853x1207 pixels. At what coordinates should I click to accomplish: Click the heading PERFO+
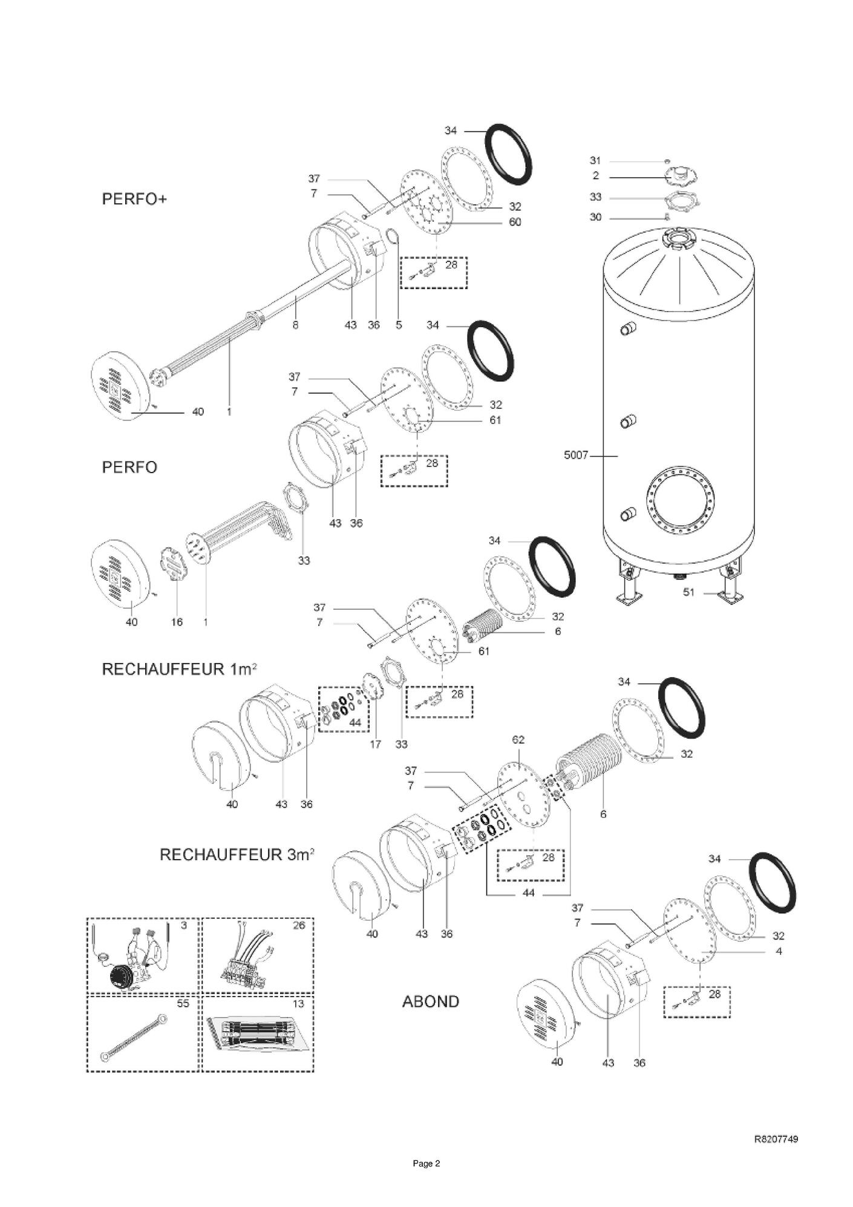pyautogui.click(x=134, y=200)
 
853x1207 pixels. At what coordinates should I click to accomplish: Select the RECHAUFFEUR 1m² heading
pyautogui.click(x=180, y=669)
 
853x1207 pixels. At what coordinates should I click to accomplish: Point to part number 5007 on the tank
pyautogui.click(x=575, y=455)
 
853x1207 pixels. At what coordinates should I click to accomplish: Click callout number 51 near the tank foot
pyautogui.click(x=688, y=592)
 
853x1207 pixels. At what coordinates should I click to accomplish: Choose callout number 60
pyautogui.click(x=514, y=222)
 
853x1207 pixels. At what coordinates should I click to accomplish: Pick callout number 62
pyautogui.click(x=518, y=739)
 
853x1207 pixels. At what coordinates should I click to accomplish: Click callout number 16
pyautogui.click(x=177, y=622)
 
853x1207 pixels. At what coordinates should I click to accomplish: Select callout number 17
pyautogui.click(x=375, y=744)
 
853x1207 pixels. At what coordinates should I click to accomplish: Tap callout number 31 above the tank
pyautogui.click(x=595, y=160)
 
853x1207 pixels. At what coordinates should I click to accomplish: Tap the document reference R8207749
pyautogui.click(x=776, y=1139)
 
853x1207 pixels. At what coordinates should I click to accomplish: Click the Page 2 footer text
pyautogui.click(x=426, y=1163)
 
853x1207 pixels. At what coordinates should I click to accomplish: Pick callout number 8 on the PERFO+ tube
pyautogui.click(x=295, y=325)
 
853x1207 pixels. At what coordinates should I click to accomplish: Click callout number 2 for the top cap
pyautogui.click(x=596, y=176)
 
